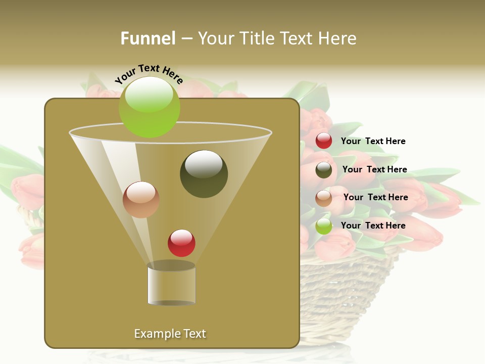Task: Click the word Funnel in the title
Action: click(x=148, y=38)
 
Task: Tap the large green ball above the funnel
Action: click(x=150, y=107)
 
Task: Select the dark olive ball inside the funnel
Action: click(x=204, y=174)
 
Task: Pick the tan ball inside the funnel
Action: click(x=141, y=200)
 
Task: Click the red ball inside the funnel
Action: click(x=182, y=243)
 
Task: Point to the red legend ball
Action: click(x=323, y=141)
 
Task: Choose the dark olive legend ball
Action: click(x=323, y=170)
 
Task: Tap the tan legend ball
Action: click(x=323, y=198)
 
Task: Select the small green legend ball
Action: click(x=323, y=226)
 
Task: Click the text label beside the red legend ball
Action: click(x=373, y=141)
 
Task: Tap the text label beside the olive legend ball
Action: click(x=374, y=169)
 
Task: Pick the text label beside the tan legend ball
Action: click(x=375, y=197)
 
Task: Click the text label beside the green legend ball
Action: click(x=373, y=225)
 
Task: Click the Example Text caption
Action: click(x=170, y=334)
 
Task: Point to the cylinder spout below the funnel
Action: click(x=171, y=284)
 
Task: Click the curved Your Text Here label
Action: click(x=149, y=73)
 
